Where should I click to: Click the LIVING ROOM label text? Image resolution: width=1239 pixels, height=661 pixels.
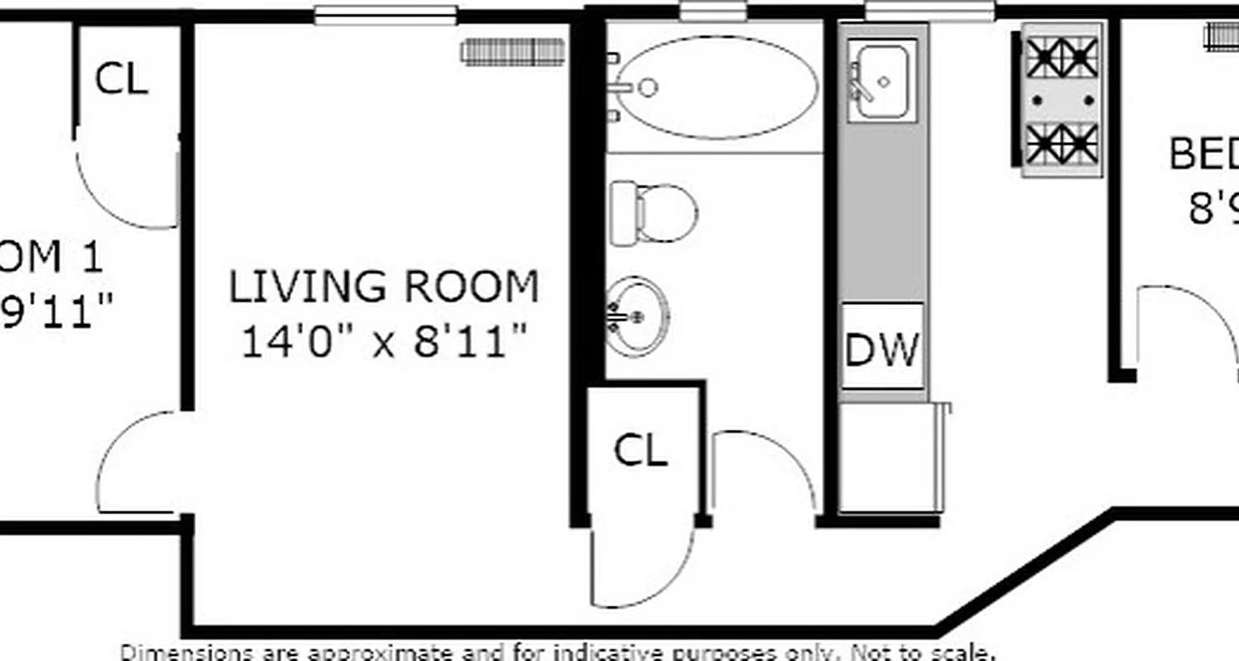[383, 287]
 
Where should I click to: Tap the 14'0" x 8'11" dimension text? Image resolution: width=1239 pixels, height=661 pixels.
[383, 340]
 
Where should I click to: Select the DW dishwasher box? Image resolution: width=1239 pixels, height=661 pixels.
[882, 347]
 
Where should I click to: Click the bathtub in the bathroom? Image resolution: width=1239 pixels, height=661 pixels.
[716, 87]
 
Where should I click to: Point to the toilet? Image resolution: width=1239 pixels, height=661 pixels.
[654, 212]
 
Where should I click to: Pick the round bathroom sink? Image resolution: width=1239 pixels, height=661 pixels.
[637, 316]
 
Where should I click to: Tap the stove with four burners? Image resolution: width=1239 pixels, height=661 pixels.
[1062, 100]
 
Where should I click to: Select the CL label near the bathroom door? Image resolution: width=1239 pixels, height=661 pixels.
[641, 451]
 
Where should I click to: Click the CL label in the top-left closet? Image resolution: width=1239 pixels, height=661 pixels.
[121, 79]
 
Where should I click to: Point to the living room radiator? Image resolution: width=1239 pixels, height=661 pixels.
[513, 52]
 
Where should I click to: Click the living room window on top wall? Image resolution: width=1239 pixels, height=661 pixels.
[386, 15]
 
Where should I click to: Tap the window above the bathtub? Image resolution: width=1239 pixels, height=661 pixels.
[713, 12]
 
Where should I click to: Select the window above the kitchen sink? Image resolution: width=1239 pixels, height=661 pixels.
[929, 12]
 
